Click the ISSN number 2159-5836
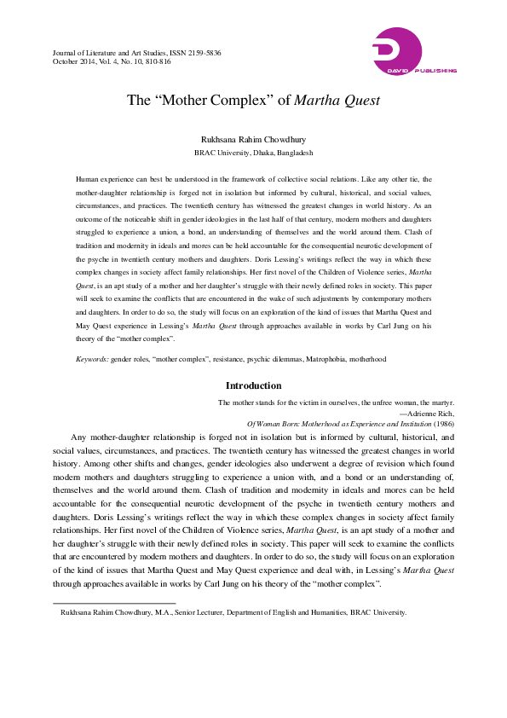(x=203, y=53)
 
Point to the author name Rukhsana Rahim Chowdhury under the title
(x=253, y=139)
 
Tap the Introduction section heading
(x=253, y=385)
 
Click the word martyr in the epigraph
(x=442, y=401)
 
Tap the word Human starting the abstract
(x=88, y=180)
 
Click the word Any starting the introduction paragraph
(x=79, y=437)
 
